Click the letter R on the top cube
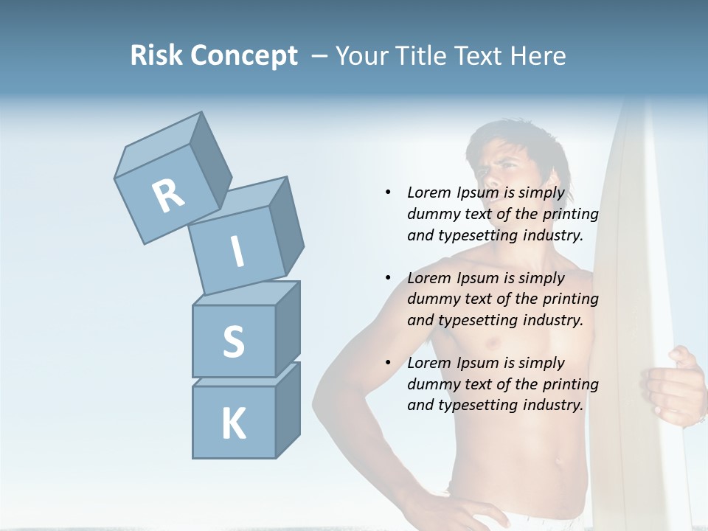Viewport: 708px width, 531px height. click(x=168, y=195)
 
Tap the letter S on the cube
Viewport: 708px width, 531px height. click(x=233, y=341)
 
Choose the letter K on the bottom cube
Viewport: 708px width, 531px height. click(x=233, y=423)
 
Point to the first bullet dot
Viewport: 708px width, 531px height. click(x=388, y=193)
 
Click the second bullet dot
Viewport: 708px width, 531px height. click(x=388, y=278)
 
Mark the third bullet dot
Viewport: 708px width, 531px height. click(x=388, y=363)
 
